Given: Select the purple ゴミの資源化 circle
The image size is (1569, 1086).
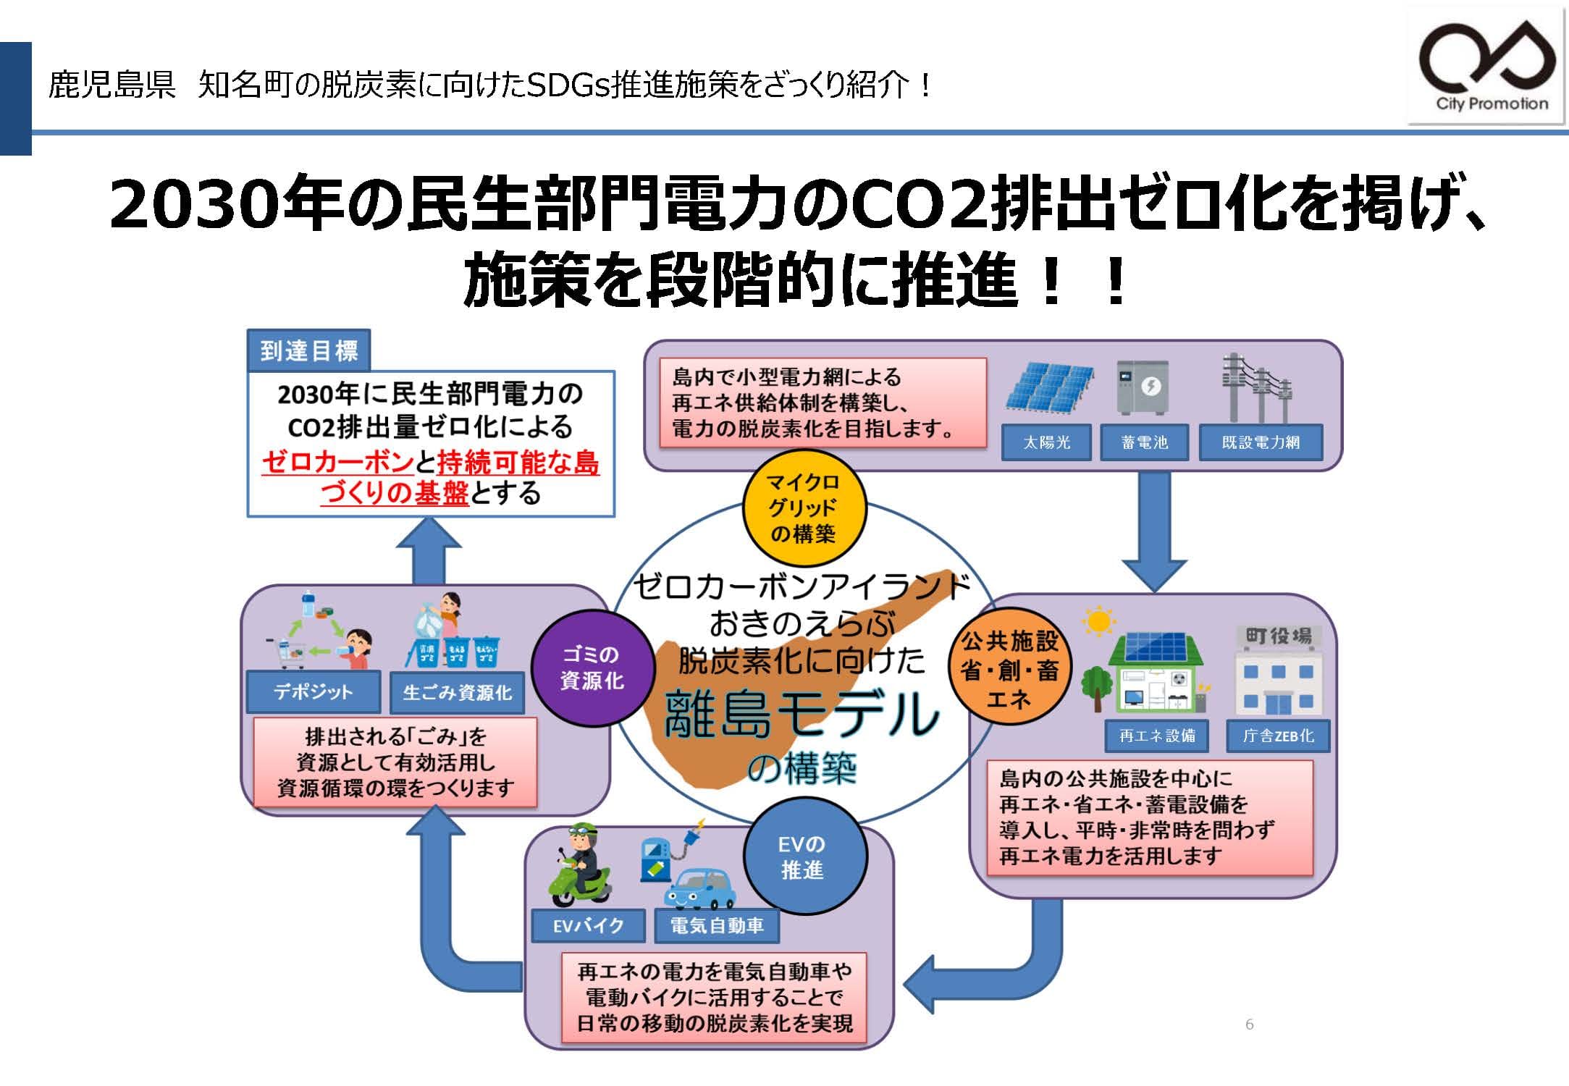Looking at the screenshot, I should (x=592, y=668).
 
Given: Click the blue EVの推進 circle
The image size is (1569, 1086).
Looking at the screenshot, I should (x=804, y=856).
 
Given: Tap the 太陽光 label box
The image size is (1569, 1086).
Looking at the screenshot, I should (x=1046, y=442).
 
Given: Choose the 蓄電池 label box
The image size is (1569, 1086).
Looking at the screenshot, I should (x=1144, y=442).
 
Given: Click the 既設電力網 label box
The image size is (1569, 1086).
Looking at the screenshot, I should (x=1261, y=442).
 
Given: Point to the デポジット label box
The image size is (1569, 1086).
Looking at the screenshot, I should (x=313, y=692).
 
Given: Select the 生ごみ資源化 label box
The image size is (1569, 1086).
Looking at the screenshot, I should (x=457, y=693).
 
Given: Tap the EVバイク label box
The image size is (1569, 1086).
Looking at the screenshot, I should (x=588, y=925).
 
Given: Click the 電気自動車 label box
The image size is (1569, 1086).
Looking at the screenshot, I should (x=716, y=926).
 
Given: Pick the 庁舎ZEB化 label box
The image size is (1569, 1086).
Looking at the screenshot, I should (x=1278, y=736).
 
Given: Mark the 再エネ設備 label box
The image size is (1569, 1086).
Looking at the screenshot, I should (x=1156, y=736).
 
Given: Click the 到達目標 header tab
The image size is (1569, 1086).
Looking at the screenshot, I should (x=308, y=351).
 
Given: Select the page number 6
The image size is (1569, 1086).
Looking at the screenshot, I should (x=1249, y=1024).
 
